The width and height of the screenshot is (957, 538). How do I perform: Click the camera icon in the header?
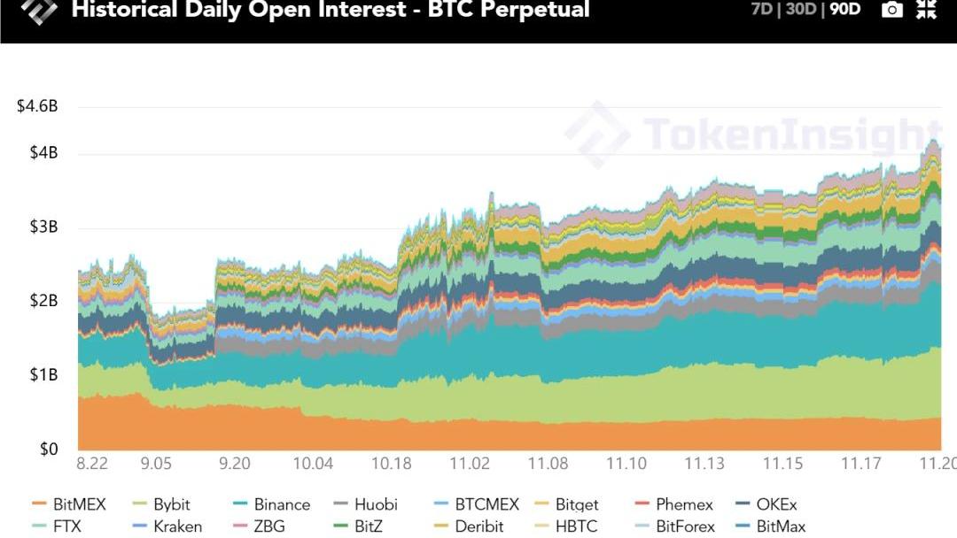[x=892, y=10]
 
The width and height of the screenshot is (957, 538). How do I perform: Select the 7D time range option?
[x=762, y=10]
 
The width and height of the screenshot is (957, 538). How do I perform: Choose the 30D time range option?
[x=801, y=10]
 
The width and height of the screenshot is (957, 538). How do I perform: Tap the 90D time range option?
[x=844, y=10]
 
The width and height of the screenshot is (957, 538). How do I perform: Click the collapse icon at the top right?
[x=926, y=10]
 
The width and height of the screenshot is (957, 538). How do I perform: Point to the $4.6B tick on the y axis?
[x=37, y=106]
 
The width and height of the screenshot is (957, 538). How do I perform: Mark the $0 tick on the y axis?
[x=49, y=449]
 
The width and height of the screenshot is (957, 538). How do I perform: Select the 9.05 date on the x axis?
[x=156, y=464]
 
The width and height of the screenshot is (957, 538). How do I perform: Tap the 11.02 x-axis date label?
[x=470, y=464]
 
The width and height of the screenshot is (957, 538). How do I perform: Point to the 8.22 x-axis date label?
[x=92, y=464]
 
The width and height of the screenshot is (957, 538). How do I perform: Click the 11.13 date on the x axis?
[x=704, y=464]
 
